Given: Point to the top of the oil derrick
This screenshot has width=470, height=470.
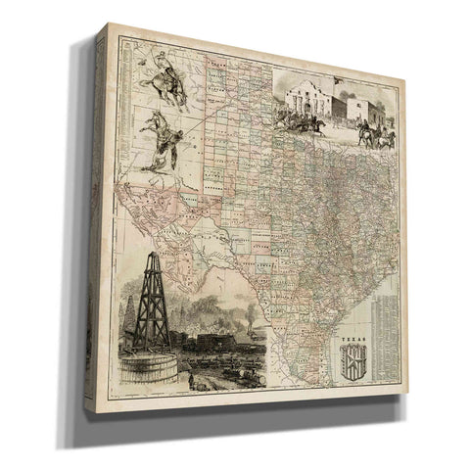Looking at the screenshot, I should [154, 257].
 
